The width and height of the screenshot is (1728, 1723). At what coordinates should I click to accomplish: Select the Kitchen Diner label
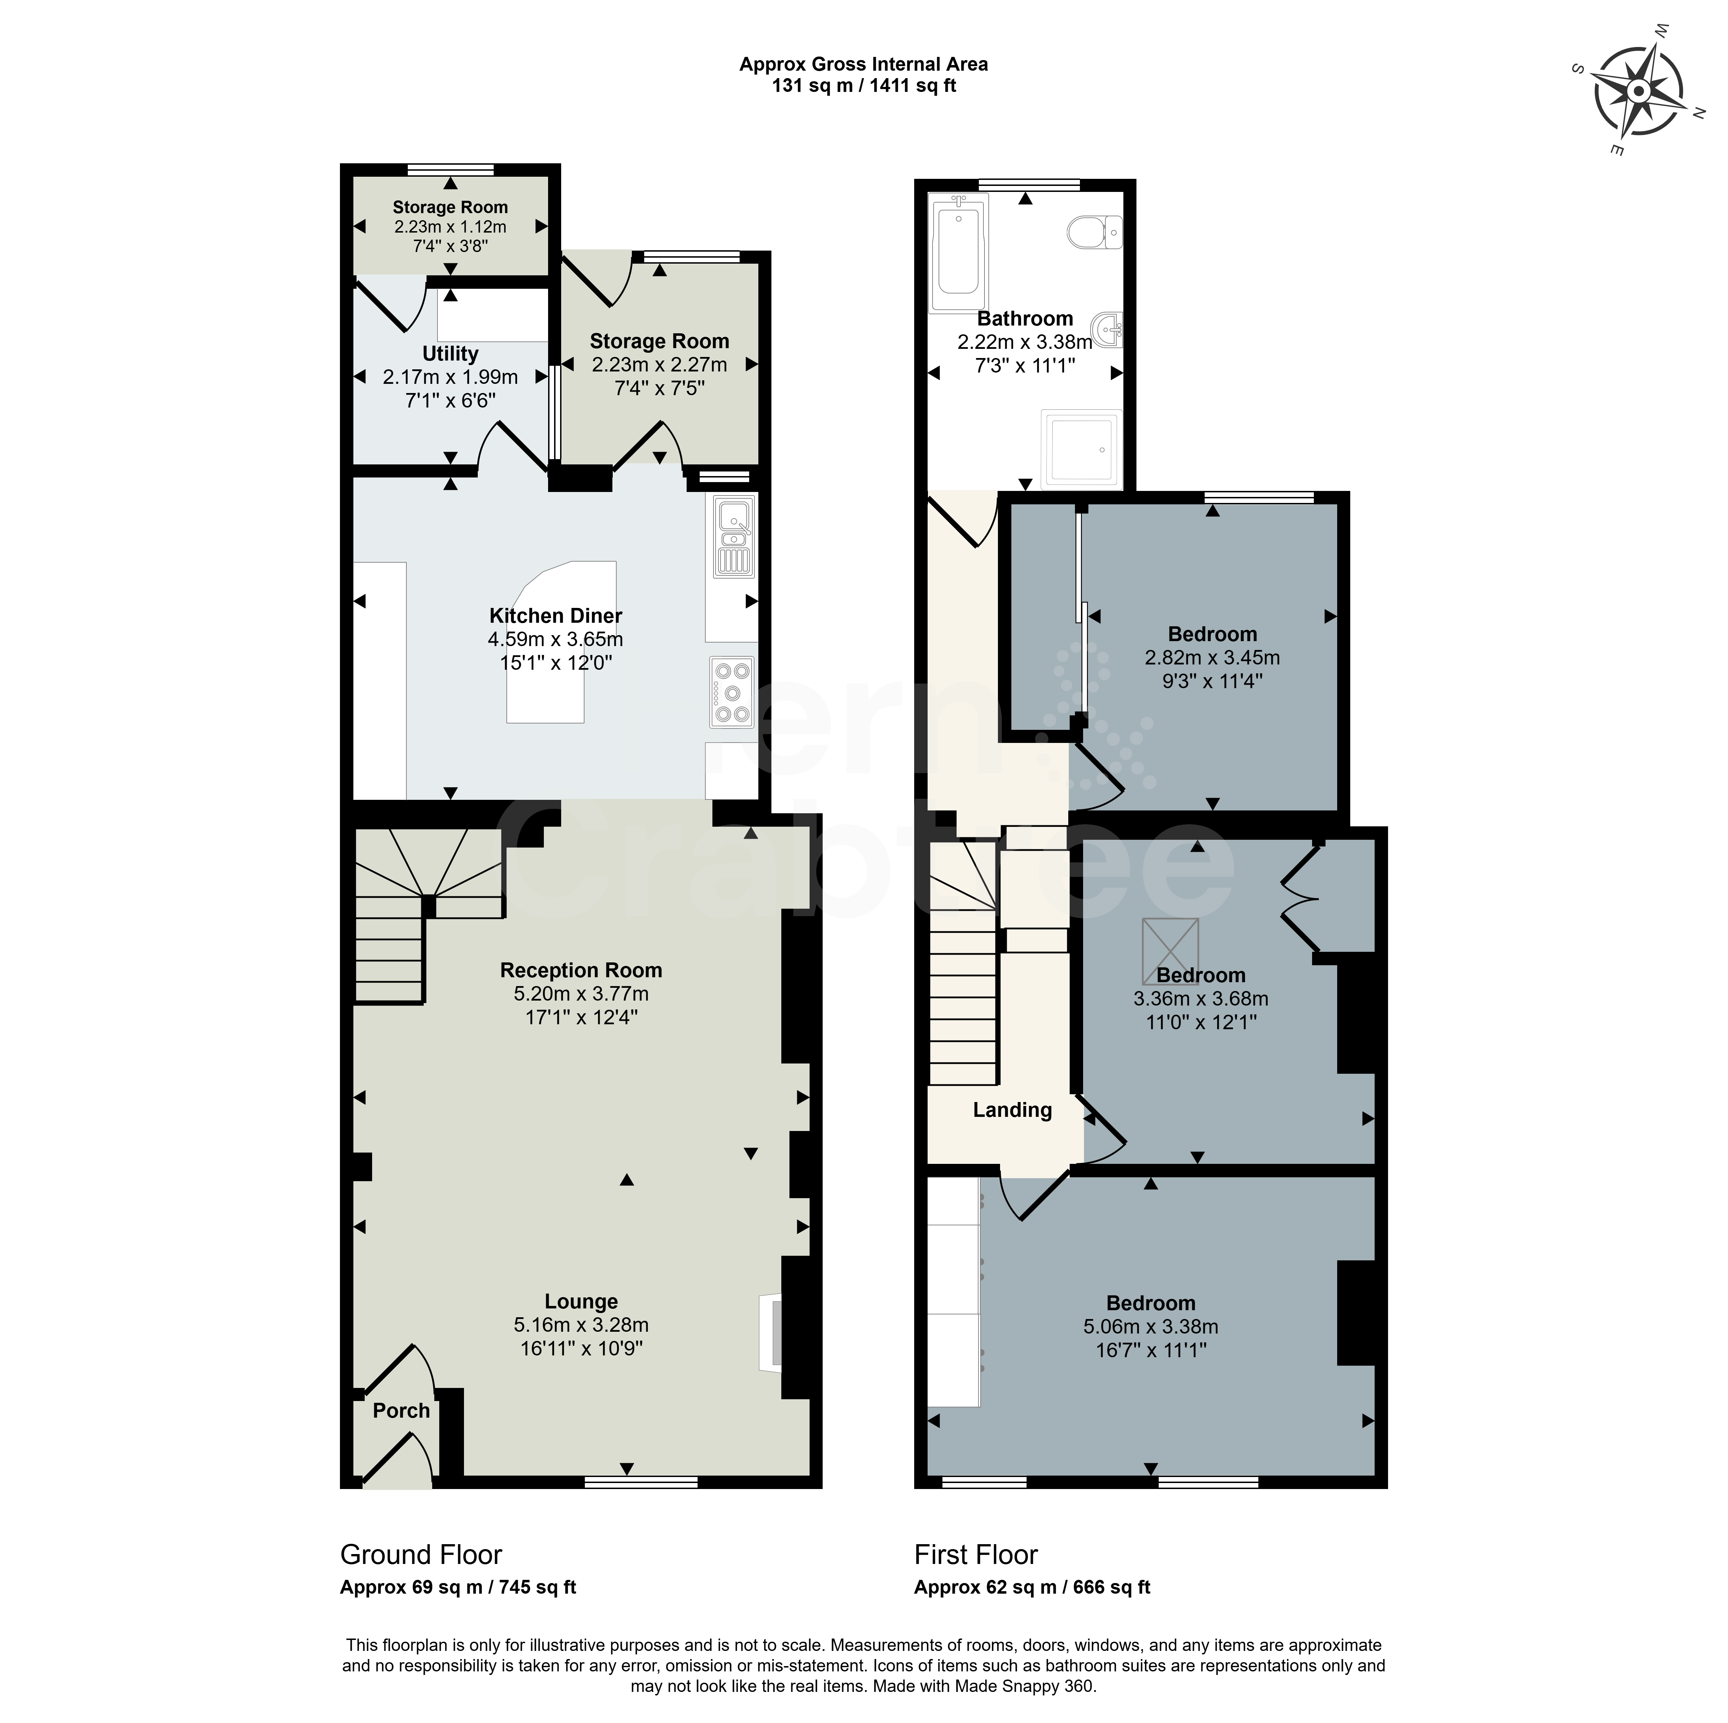click(556, 615)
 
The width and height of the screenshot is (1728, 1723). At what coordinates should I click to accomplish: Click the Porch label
click(401, 1411)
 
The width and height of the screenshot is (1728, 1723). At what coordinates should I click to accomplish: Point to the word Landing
click(1012, 1110)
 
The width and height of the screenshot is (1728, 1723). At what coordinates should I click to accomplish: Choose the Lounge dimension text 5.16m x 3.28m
click(581, 1325)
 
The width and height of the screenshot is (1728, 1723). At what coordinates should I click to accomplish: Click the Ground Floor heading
click(421, 1555)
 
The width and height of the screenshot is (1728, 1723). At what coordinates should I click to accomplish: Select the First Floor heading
click(976, 1555)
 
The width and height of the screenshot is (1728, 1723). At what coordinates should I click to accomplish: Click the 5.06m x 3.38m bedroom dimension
click(1151, 1327)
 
